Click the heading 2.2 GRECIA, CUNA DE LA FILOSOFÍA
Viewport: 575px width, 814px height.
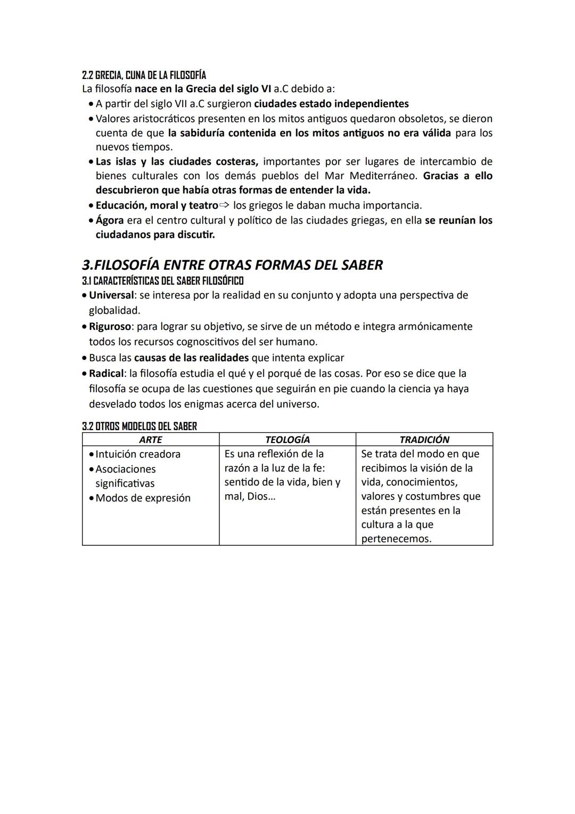(x=144, y=75)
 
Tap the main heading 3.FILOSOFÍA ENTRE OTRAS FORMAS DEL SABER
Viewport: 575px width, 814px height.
(x=232, y=265)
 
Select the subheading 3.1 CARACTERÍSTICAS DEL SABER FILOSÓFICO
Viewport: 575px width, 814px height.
(x=162, y=280)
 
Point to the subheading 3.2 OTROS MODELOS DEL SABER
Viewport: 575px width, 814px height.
(x=139, y=426)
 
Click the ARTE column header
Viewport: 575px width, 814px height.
(x=150, y=440)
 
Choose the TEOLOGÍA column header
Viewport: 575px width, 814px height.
(x=287, y=440)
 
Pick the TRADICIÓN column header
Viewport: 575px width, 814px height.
(x=424, y=440)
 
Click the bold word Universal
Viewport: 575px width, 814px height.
(x=111, y=295)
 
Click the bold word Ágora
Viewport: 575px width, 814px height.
(x=109, y=220)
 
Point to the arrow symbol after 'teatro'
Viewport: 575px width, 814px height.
(x=225, y=205)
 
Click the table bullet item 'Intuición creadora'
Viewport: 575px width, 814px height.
(x=138, y=454)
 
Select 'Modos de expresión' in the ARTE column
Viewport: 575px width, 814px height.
(x=143, y=498)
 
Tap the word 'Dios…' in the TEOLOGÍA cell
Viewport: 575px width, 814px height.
(x=261, y=497)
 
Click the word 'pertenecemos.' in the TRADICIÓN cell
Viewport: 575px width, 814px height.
(x=396, y=539)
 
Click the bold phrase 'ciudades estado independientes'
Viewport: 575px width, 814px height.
(x=331, y=103)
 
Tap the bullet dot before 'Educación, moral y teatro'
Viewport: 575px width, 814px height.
(x=91, y=206)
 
